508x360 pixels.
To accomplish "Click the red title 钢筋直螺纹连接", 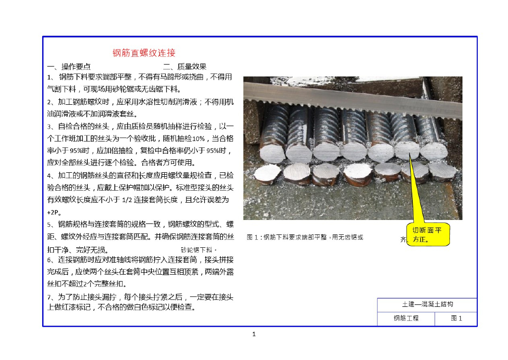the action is coord(144,53).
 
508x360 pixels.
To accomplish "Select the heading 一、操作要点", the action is coord(68,67).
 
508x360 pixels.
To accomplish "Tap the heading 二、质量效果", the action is coord(185,67).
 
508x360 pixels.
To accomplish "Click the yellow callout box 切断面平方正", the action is coord(428,234).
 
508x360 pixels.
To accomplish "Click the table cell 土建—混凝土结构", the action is coord(427,304).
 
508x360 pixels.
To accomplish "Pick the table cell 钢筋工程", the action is coord(406,318).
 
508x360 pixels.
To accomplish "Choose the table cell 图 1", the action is coord(456,318).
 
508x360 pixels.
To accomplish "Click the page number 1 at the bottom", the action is coord(254,334).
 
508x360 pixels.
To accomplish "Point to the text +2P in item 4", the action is coord(53,213).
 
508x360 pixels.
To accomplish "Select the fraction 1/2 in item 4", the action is coord(127,200).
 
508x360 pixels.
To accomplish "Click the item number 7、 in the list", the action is coord(52,297).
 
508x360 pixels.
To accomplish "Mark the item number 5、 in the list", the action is coord(52,224).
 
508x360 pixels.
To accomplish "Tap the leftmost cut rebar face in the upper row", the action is coord(272,153).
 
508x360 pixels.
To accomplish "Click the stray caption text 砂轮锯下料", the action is coord(198,250).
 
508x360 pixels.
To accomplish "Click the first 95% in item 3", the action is coord(76,151).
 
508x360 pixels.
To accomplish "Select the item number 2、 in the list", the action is coord(52,102).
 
